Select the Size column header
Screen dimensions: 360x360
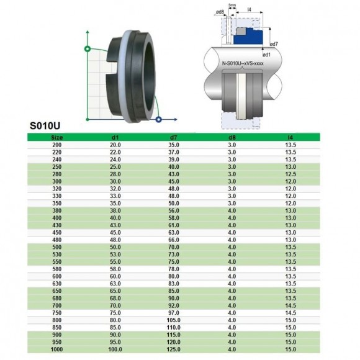tap(56, 137)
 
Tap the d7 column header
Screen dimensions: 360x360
tap(174, 137)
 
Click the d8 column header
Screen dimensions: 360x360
tap(232, 137)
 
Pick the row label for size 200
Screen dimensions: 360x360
tap(56, 145)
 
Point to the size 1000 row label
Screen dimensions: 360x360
tap(56, 349)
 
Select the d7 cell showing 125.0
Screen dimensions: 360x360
tap(174, 349)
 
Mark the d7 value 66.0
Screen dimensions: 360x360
tap(174, 239)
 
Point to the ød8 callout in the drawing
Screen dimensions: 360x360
tap(220, 12)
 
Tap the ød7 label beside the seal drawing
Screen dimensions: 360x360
tap(273, 44)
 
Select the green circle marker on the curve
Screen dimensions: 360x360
tap(87, 48)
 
